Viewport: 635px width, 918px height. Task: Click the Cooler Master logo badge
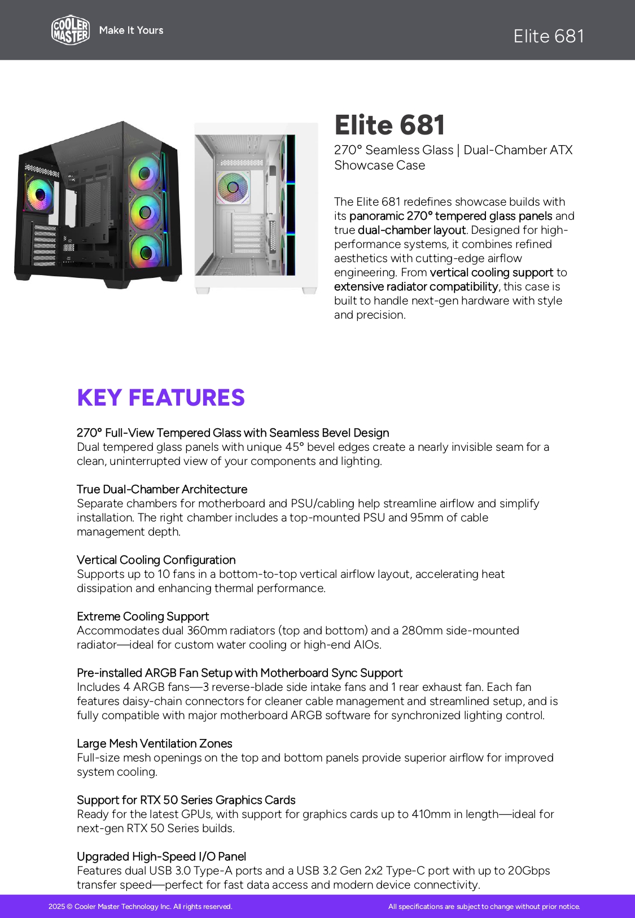click(x=71, y=30)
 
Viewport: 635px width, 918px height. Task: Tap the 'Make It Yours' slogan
click(x=131, y=31)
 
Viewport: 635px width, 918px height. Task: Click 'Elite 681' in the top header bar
click(x=549, y=36)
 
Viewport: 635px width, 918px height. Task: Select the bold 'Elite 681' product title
click(x=389, y=125)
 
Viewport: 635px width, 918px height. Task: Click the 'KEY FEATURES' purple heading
click(x=161, y=398)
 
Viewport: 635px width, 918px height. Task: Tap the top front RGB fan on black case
click(x=145, y=172)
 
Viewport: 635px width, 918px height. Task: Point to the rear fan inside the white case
click(x=233, y=186)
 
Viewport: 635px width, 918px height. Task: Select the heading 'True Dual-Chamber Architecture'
click(x=162, y=489)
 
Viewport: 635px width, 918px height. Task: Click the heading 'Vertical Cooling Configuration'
click(x=156, y=560)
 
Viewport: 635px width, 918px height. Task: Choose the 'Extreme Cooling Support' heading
click(x=143, y=616)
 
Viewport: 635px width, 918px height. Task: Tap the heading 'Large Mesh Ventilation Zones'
click(x=155, y=743)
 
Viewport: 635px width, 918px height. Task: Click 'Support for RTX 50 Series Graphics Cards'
click(x=186, y=800)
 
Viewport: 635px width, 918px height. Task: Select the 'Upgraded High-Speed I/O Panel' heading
click(x=161, y=856)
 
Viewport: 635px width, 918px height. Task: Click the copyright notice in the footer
click(x=141, y=907)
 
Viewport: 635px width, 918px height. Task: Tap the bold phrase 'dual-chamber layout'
click(x=411, y=230)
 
